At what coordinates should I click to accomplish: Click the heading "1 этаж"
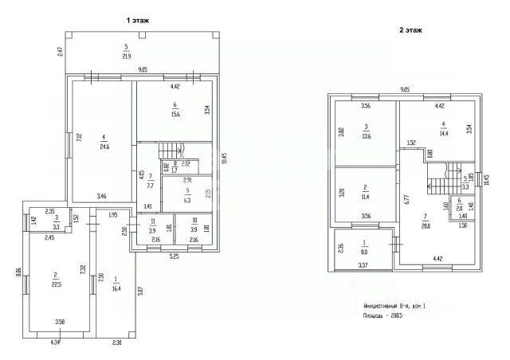coord(137,19)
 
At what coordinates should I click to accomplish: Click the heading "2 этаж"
coord(410,30)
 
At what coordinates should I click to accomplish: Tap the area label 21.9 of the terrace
coord(126,56)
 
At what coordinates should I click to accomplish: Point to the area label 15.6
coord(175,114)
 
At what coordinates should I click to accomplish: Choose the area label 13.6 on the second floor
coord(366,135)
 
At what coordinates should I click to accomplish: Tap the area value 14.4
coord(444,131)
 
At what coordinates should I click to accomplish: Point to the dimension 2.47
coord(60,53)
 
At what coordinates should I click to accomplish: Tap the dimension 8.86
coord(18,272)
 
